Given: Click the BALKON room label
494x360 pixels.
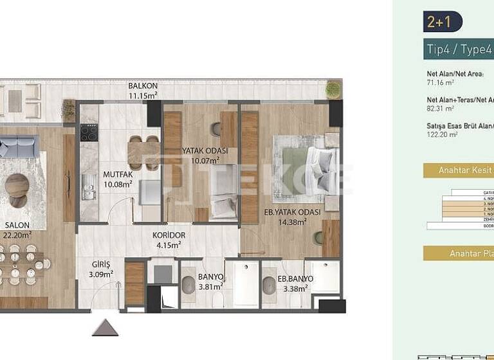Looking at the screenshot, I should click(143, 86).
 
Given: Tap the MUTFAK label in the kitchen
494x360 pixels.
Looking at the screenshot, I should click(118, 174).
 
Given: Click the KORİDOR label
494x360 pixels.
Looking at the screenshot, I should click(169, 235).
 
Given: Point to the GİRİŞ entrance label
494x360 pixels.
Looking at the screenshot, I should click(101, 264).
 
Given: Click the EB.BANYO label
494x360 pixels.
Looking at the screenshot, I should click(296, 278).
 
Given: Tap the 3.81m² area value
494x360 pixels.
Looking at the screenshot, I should click(210, 287).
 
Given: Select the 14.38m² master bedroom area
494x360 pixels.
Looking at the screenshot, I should click(292, 222).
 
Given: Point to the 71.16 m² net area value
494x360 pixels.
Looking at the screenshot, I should click(441, 82).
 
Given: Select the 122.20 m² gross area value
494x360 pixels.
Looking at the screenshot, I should click(442, 135).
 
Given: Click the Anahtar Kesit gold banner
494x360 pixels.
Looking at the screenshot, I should click(458, 170).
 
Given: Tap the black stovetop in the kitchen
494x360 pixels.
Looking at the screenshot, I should click(89, 133).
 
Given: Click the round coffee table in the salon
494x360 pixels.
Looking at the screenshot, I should click(17, 185).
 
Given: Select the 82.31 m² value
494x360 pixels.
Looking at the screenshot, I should click(441, 109).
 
